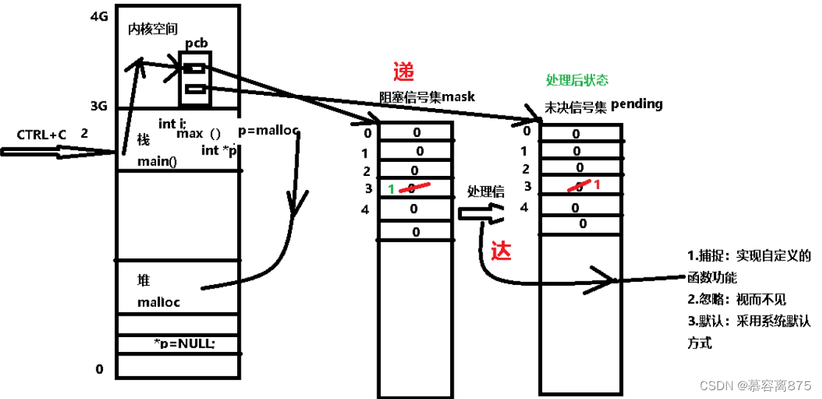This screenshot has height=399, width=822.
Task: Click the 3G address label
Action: tap(99, 105)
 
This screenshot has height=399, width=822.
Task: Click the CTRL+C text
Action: tap(41, 135)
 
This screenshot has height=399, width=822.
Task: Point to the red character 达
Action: tap(501, 251)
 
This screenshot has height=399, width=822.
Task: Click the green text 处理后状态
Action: tap(577, 80)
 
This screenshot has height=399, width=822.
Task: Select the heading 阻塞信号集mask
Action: tap(427, 96)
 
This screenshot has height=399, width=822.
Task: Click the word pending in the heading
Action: tap(636, 104)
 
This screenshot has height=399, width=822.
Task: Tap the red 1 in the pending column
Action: tap(597, 185)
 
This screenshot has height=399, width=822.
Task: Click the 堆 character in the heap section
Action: tap(144, 280)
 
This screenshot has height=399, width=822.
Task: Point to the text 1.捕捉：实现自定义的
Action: tap(748, 256)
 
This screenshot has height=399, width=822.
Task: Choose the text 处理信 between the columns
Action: tap(485, 191)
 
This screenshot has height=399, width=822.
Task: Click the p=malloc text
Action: tap(269, 130)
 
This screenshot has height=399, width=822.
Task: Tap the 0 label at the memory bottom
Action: tap(99, 368)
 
